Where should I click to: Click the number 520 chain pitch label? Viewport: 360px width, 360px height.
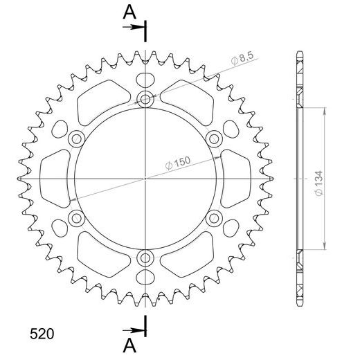44,333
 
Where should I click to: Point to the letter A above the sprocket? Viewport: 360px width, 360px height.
129,11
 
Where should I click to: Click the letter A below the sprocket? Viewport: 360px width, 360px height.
129,345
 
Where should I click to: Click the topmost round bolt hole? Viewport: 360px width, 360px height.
145,99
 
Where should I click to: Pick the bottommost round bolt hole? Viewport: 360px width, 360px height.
145,258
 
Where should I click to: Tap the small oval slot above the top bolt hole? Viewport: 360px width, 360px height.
145,78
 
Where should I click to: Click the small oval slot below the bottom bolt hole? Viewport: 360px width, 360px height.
145,278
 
